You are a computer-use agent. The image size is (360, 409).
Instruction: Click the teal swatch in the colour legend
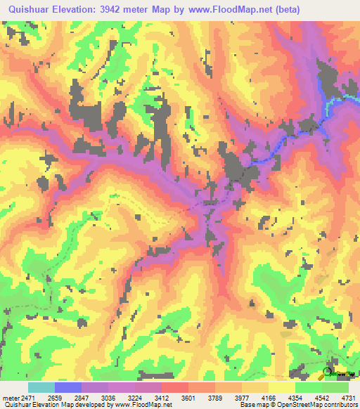click(x=41, y=387)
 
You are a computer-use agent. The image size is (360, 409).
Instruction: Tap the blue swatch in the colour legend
click(x=68, y=387)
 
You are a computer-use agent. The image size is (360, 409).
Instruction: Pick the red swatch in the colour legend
click(x=175, y=387)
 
